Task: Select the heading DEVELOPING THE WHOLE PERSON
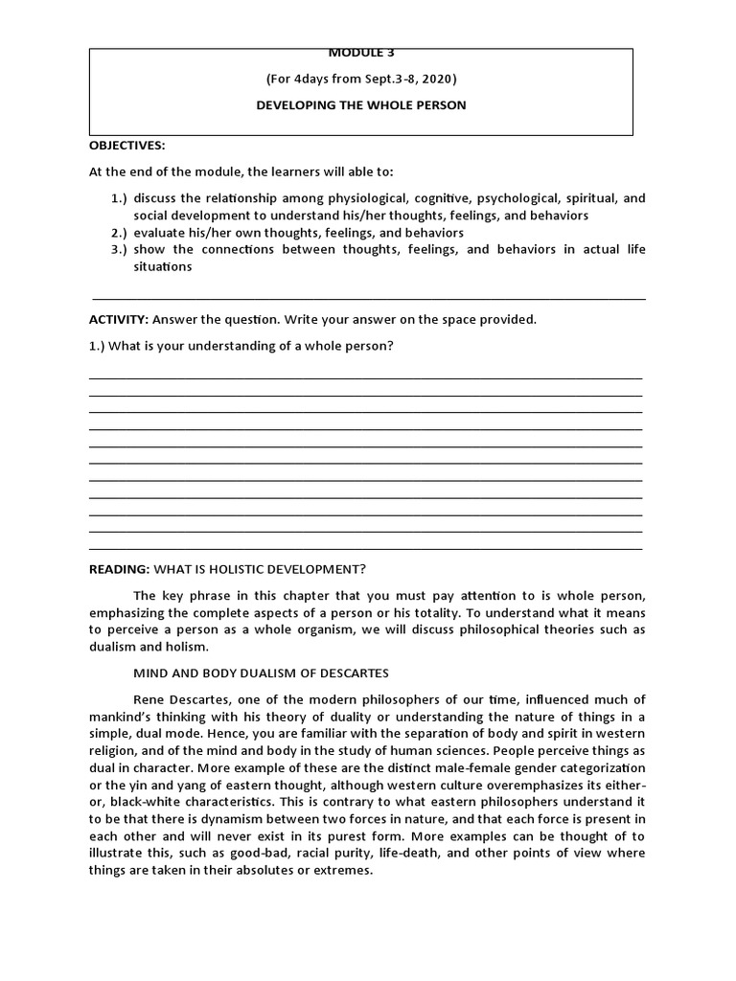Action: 360,105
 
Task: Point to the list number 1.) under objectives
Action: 118,198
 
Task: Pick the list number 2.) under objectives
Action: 118,233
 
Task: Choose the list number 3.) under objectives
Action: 118,250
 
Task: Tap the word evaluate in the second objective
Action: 161,233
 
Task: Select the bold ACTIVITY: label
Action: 118,319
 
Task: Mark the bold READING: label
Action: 119,569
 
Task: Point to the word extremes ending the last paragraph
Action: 343,871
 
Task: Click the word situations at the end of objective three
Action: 163,267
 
